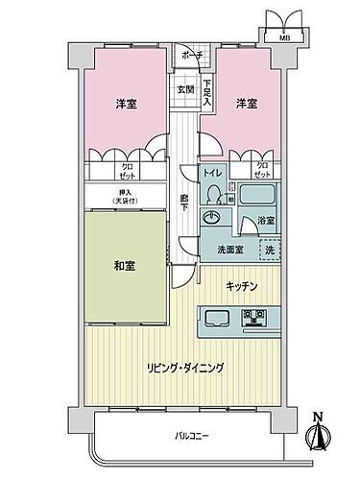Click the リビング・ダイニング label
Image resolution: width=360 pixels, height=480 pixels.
pos(186,368)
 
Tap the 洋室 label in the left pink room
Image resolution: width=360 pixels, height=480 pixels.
pos(126,104)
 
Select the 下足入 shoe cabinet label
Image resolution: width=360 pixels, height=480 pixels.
pos(207,92)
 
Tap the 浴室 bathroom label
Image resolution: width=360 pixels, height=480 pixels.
pos(265,222)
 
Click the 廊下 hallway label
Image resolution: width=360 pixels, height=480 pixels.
pos(184,204)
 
